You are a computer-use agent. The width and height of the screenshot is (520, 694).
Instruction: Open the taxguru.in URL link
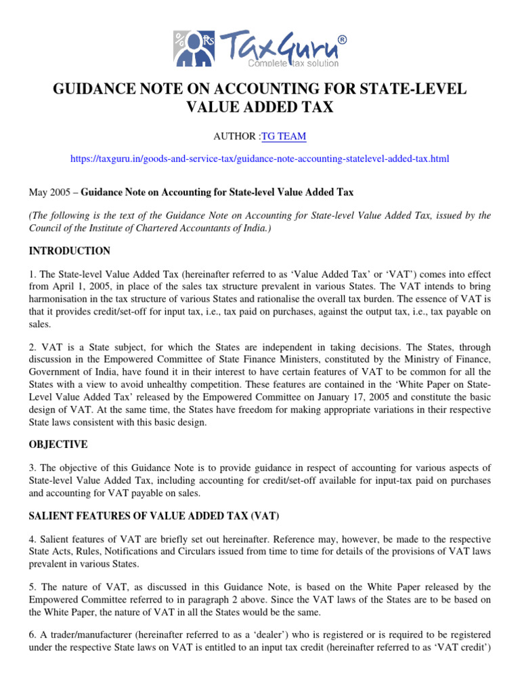pos(260,159)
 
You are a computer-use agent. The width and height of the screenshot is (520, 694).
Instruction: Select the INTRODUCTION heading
pos(69,251)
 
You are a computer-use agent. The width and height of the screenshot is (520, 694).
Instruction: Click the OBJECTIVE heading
pos(58,444)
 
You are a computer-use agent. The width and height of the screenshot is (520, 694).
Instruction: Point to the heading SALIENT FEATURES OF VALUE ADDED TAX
pos(153,516)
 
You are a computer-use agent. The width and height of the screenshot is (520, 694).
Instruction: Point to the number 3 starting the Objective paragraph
pos(31,468)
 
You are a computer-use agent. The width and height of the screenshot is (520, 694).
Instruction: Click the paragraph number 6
pos(31,634)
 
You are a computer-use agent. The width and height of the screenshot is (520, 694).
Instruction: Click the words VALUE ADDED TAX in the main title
pos(259,108)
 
